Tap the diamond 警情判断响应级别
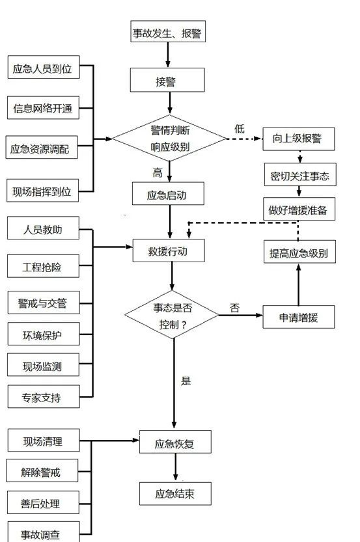pos(169,138)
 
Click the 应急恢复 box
pos(175,445)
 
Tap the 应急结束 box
pos(175,494)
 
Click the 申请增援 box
pos(298,318)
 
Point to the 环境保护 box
pos(42,336)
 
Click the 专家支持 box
pos(42,397)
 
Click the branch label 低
pos(240,129)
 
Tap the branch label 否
pos(235,307)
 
